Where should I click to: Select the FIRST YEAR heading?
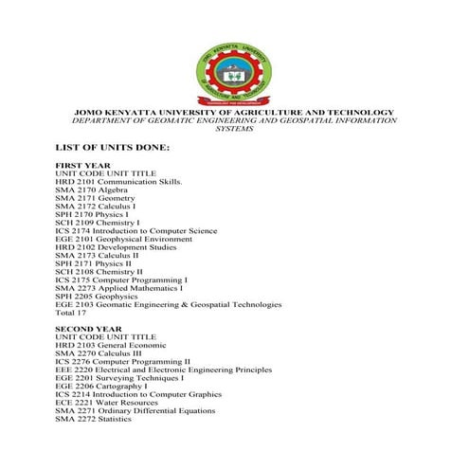(x=83, y=165)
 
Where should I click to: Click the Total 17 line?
(x=72, y=312)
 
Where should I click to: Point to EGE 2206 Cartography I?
(x=105, y=387)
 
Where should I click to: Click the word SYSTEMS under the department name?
(x=234, y=129)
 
